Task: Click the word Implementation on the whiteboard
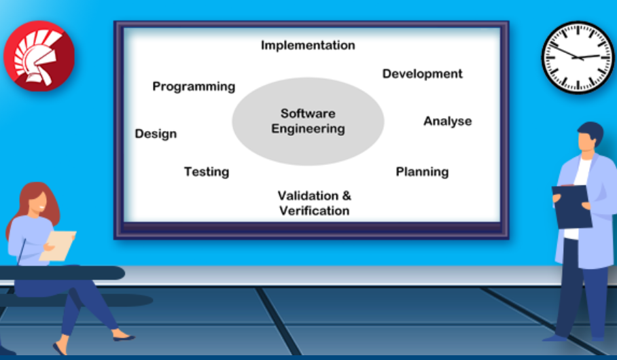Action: (308, 46)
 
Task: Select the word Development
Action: (422, 74)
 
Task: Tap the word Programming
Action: (194, 86)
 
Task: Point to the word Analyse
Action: (447, 121)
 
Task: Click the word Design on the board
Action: (156, 134)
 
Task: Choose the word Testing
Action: (207, 172)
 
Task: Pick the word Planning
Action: (422, 172)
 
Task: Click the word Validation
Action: (308, 196)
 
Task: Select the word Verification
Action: (315, 211)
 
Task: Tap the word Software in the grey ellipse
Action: (308, 113)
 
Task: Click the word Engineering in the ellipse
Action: (308, 128)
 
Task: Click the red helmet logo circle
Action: (39, 56)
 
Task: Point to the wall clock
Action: (578, 58)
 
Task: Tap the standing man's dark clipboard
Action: (571, 207)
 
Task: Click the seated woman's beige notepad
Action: (58, 245)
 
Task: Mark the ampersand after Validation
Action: (347, 196)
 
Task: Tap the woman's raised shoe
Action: (124, 337)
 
